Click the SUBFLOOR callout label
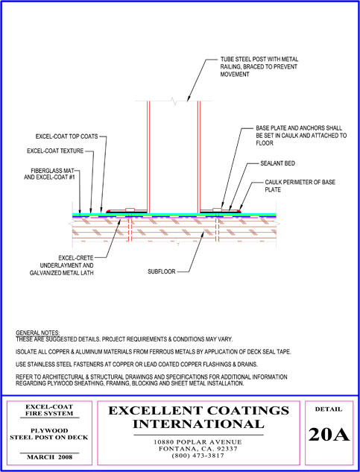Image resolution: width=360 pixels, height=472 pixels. pos(161,271)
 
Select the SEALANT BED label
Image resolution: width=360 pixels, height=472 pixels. pos(277,163)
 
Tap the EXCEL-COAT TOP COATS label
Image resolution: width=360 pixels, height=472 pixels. pos(67,136)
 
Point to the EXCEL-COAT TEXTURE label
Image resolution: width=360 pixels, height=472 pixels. pos(55,151)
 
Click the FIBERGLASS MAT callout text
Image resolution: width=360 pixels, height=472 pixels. pos(49,174)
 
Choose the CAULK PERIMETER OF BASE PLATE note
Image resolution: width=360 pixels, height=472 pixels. pos(300,186)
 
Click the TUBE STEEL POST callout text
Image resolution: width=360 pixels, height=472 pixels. pos(259,67)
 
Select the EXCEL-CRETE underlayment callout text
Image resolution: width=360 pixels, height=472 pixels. pos(62,265)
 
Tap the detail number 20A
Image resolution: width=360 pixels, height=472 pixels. pos(329,435)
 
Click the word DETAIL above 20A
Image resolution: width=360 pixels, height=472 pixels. pos(329,409)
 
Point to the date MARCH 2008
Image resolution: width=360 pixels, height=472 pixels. pos(50,457)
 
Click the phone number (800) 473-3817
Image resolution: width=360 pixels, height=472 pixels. pos(198,456)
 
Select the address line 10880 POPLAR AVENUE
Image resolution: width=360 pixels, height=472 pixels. pos(198,442)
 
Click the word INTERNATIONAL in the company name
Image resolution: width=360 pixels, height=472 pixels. pos(198,424)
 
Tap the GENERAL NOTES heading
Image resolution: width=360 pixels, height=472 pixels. pos(38,333)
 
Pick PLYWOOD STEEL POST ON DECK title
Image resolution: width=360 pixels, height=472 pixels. pos(49,434)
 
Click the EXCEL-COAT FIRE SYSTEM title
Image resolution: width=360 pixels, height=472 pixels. pos(49,410)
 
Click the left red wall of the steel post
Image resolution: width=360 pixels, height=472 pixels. pos(148,157)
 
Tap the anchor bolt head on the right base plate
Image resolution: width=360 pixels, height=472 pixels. pos(217,210)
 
